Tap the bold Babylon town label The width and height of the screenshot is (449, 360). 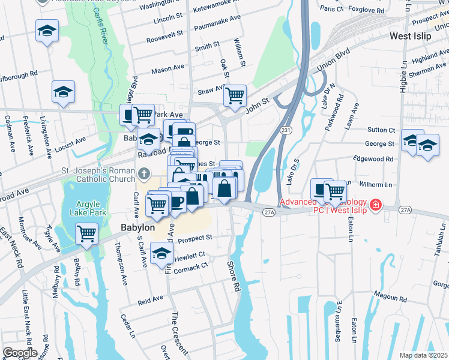tap(138, 228)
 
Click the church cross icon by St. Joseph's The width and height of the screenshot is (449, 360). tap(143, 175)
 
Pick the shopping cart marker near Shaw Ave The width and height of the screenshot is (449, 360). tap(235, 95)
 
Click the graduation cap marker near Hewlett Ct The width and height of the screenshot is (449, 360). tap(161, 254)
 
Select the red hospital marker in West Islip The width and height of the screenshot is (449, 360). tap(376, 205)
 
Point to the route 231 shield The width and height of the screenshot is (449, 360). tap(286, 130)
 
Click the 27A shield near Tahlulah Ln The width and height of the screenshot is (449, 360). tap(406, 209)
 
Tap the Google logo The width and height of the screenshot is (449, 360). tap(20, 353)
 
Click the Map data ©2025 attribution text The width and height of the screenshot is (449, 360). tap(423, 355)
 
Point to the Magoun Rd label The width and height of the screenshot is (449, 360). tap(390, 296)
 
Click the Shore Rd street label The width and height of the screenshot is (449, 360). tap(234, 276)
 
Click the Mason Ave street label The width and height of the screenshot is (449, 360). tap(167, 69)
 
